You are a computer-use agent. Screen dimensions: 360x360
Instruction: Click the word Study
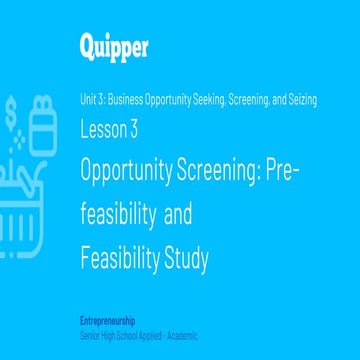click(x=187, y=259)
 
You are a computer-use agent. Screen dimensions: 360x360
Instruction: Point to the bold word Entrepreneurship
click(x=109, y=320)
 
